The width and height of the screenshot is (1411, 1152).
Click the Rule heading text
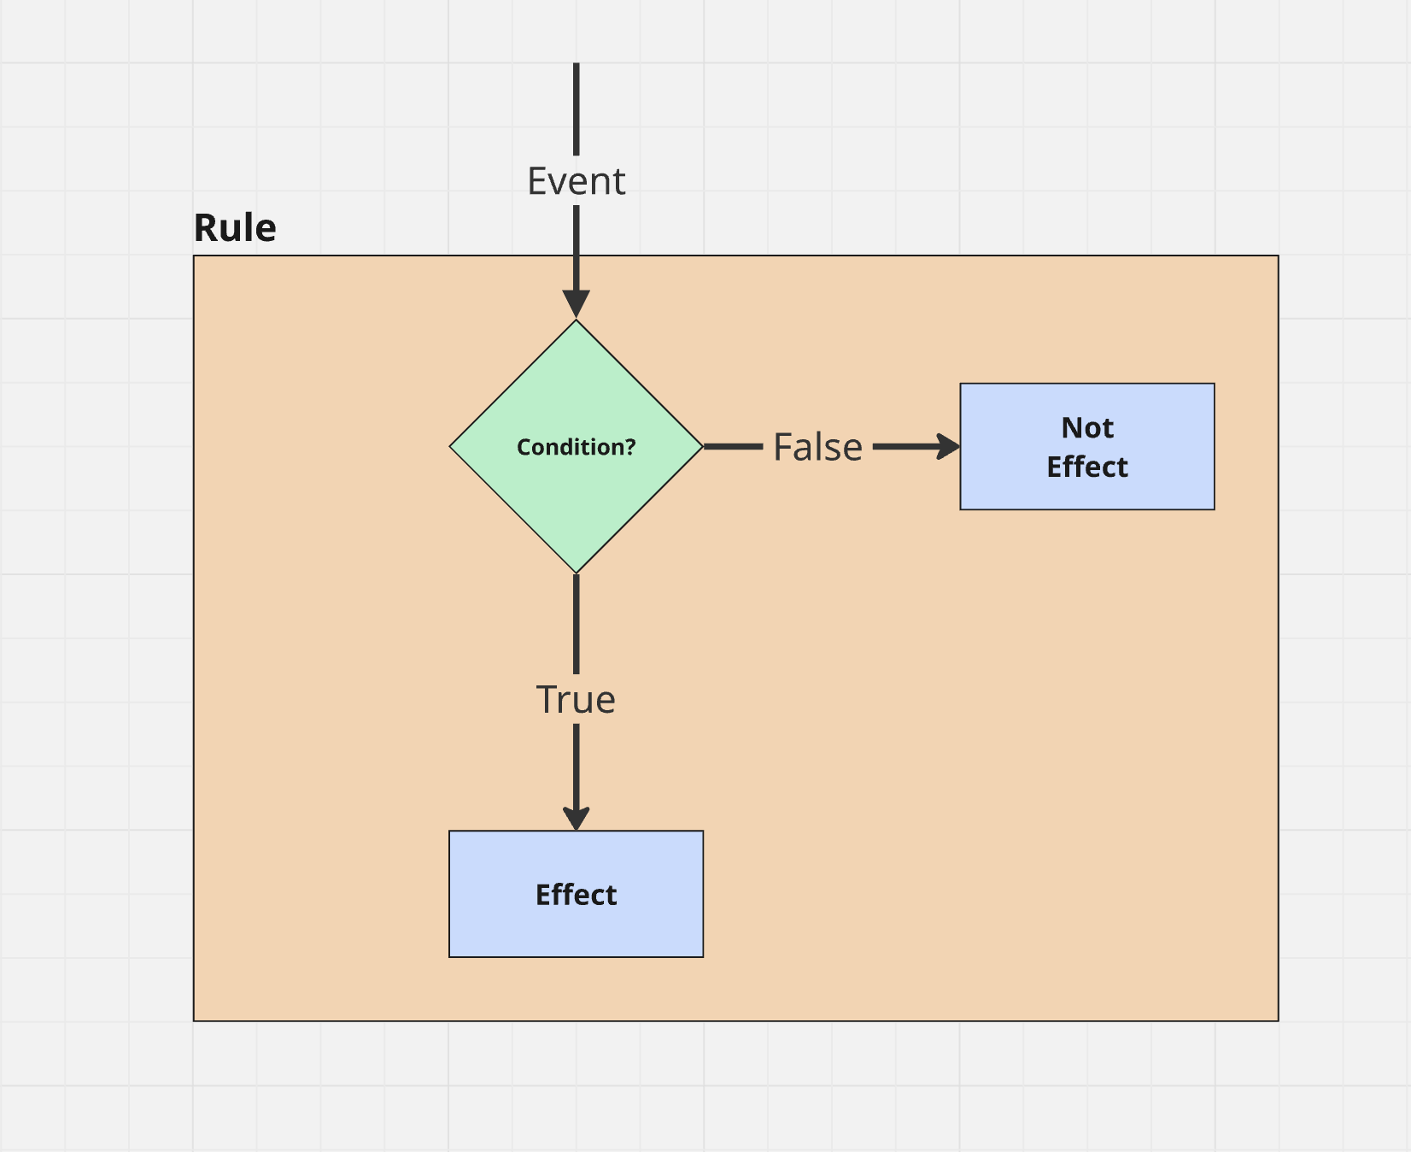click(x=235, y=228)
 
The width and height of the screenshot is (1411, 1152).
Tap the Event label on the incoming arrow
click(x=577, y=181)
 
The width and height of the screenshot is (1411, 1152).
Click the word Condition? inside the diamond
click(x=577, y=447)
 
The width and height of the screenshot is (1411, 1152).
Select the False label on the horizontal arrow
click(x=817, y=447)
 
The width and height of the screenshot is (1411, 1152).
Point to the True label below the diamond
click(x=576, y=700)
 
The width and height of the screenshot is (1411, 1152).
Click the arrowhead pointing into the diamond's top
click(x=577, y=304)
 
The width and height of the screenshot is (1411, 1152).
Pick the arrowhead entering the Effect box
click(x=577, y=817)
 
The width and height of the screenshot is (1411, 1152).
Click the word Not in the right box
click(x=1087, y=427)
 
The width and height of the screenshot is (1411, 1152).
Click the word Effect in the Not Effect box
click(x=1087, y=467)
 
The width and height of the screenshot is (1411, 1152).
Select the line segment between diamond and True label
click(x=577, y=624)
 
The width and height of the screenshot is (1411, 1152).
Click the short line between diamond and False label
click(x=733, y=446)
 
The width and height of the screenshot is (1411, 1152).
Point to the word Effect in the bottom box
click(x=576, y=895)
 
